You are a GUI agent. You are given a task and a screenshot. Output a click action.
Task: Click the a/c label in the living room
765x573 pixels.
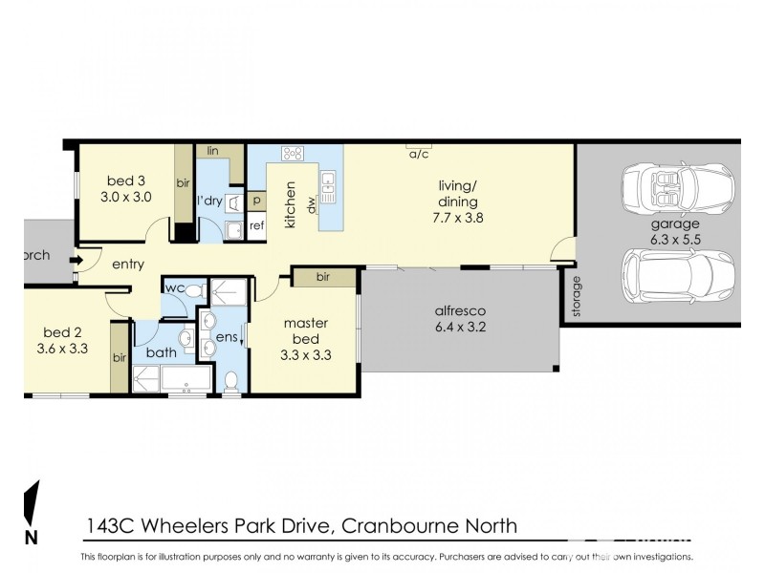coord(418,154)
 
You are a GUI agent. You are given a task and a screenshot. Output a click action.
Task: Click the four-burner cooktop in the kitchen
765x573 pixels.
coord(293,152)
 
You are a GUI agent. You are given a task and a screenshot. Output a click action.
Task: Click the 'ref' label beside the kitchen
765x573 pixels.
coord(256,226)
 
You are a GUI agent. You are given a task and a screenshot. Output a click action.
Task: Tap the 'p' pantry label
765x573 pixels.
coord(256,202)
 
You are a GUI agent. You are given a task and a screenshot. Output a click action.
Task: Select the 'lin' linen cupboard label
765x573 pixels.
coord(212,151)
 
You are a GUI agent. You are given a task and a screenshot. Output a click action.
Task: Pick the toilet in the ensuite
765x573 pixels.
coord(230,381)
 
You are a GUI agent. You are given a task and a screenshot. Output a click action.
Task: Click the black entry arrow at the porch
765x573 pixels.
coord(72,256)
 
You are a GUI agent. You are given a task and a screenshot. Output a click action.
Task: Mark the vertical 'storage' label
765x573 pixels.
coord(576,296)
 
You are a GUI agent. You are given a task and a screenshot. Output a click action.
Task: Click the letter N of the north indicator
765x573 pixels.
coord(31,537)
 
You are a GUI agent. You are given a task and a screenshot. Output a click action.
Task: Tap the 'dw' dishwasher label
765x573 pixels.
coord(311,203)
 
